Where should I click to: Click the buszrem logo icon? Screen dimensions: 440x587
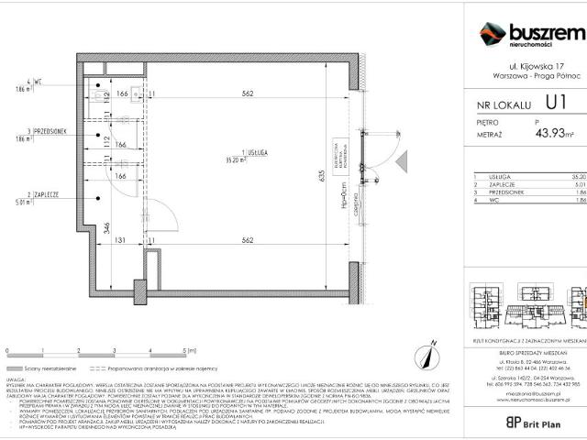(x=493, y=34)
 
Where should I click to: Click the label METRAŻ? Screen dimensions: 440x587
(x=489, y=134)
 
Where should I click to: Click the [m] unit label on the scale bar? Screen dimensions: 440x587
(x=194, y=350)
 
